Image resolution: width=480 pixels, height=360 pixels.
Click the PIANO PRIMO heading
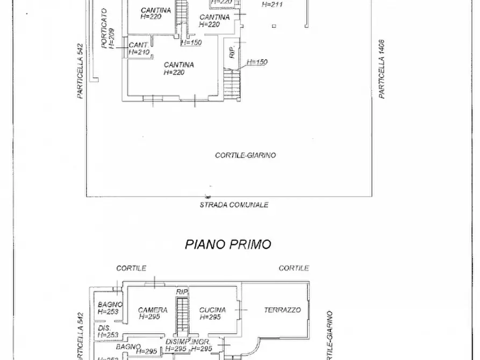coord(228,244)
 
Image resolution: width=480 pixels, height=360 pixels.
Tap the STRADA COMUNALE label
coord(234,205)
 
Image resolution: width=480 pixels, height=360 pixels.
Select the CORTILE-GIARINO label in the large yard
coord(245,155)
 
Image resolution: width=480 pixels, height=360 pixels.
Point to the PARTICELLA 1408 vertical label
coord(382,69)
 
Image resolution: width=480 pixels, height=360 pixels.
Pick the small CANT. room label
coord(138,45)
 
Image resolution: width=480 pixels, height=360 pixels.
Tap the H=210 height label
coord(138,52)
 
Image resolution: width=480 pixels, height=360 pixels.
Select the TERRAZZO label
coord(282,310)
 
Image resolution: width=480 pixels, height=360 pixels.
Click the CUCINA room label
coord(212,310)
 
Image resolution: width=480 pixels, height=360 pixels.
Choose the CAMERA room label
coord(153,310)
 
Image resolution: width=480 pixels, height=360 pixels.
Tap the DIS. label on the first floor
coord(103,327)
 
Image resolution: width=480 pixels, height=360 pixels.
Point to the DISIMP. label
coord(177,342)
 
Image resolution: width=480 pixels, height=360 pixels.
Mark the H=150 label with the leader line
coord(257,62)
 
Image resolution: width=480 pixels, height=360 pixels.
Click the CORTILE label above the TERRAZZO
coord(293,268)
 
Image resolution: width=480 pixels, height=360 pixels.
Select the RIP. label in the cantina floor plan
coord(232,53)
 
